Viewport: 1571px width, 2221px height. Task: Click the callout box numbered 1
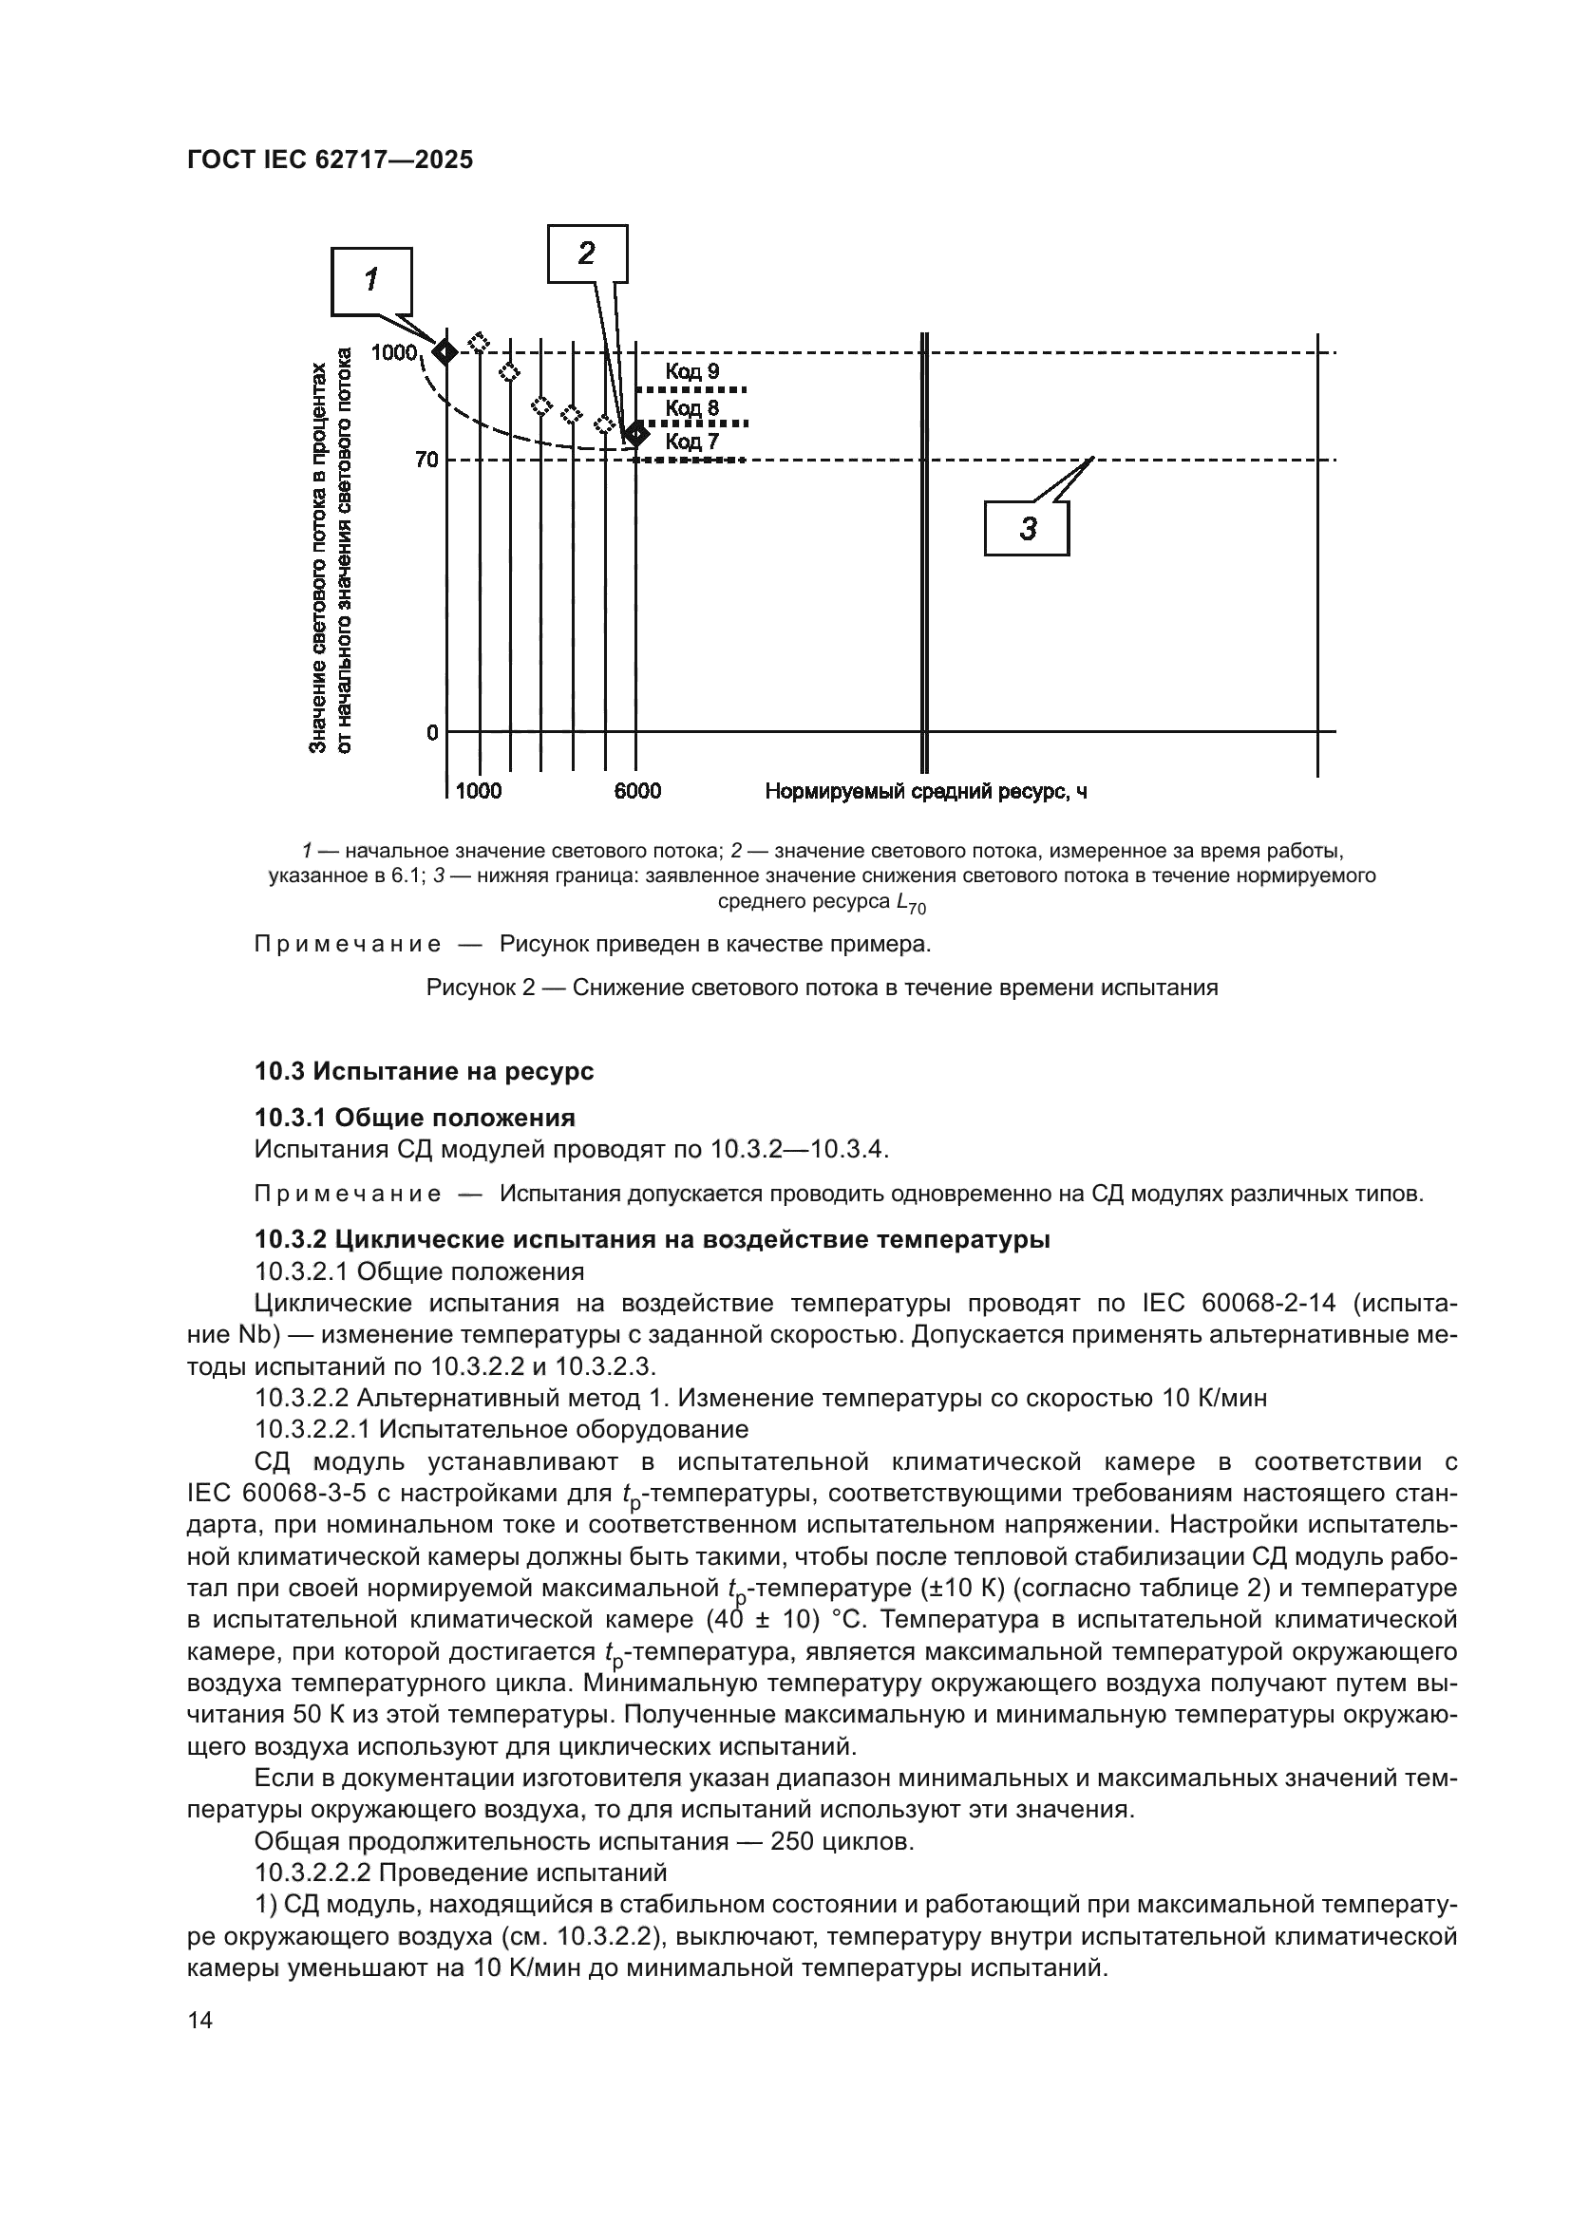click(x=371, y=281)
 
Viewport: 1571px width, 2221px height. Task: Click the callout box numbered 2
click(x=587, y=254)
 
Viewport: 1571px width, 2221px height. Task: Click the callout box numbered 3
click(x=1027, y=528)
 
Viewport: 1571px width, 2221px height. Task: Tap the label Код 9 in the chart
click(x=691, y=371)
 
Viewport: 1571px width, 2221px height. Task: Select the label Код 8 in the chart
click(x=691, y=407)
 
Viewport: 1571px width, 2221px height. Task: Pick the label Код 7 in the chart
click(x=691, y=442)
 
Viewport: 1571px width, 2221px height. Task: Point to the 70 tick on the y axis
click(x=426, y=461)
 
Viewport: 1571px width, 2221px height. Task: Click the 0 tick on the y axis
click(x=432, y=732)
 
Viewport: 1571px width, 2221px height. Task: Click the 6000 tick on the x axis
click(x=637, y=791)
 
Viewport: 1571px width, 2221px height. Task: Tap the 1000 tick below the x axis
click(x=479, y=791)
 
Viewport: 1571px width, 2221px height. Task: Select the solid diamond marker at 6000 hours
click(x=635, y=433)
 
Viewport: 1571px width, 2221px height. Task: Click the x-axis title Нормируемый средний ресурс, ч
click(x=926, y=791)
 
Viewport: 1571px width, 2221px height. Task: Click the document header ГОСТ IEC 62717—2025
click(x=330, y=160)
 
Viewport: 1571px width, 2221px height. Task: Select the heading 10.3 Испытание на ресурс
click(x=424, y=1071)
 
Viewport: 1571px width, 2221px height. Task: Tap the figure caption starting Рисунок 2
click(x=822, y=988)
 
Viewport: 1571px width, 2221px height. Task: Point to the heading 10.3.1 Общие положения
click(x=414, y=1118)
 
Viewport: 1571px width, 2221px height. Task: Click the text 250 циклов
click(x=842, y=1841)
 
